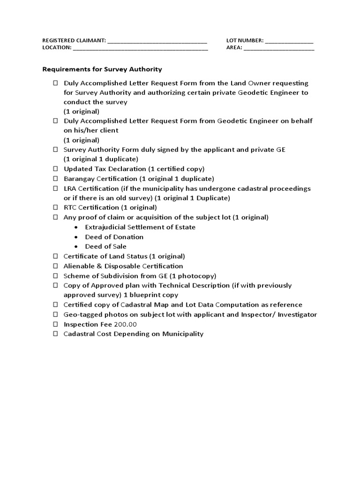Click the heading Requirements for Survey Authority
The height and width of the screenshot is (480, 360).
102,69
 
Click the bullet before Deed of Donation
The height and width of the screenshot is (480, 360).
76,237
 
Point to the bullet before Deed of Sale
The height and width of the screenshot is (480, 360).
76,247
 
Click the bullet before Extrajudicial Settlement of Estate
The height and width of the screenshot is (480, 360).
76,227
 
